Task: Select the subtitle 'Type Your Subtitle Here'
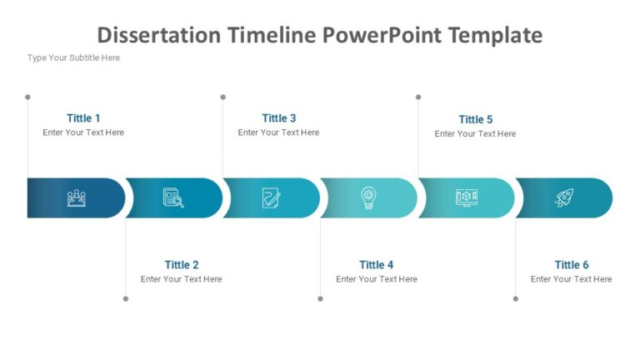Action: (x=73, y=57)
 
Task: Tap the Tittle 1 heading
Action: (x=83, y=118)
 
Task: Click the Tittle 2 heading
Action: (x=181, y=265)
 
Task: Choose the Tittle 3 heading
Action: (x=278, y=118)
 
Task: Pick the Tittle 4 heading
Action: (x=376, y=265)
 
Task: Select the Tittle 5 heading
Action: (x=475, y=119)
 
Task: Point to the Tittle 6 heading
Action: (x=571, y=265)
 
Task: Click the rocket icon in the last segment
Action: (x=564, y=197)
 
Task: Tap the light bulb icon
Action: (x=368, y=197)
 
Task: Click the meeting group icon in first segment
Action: (x=77, y=197)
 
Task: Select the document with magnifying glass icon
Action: (x=173, y=197)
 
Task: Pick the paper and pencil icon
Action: (x=271, y=197)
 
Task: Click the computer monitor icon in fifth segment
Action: (x=466, y=197)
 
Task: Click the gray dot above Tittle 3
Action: (x=222, y=97)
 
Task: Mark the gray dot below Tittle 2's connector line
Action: (x=126, y=298)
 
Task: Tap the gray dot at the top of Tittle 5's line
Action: (x=417, y=97)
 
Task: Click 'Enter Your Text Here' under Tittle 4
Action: (x=376, y=279)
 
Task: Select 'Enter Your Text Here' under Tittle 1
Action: (x=83, y=132)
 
